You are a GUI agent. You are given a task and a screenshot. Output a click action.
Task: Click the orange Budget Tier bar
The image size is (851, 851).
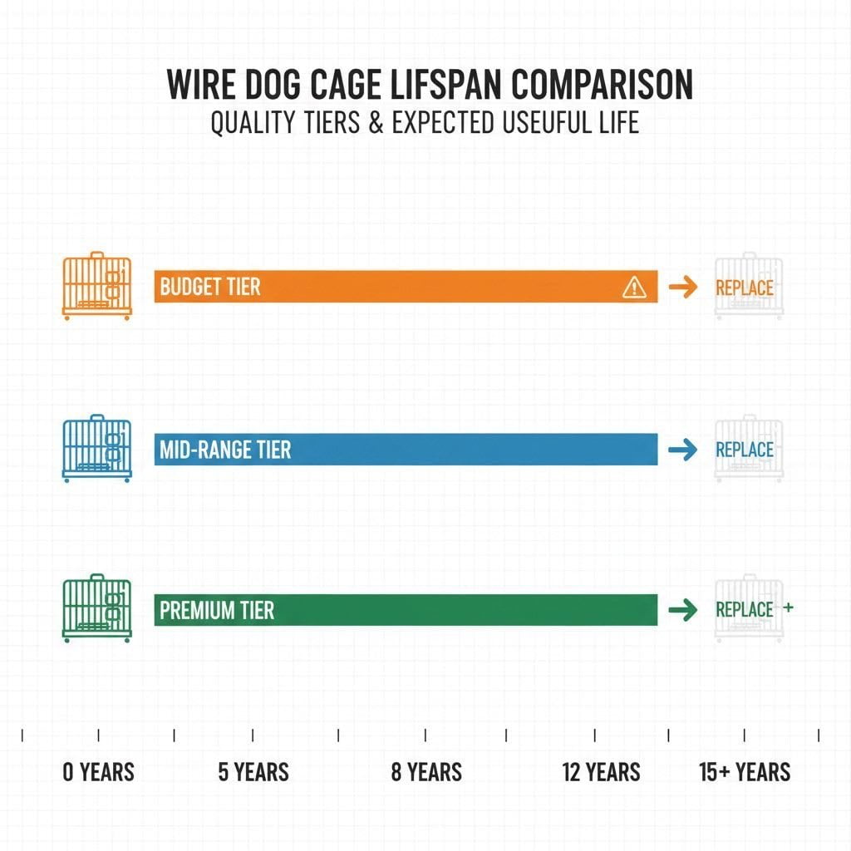(x=406, y=287)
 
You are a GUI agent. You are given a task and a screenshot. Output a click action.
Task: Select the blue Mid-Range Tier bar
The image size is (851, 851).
(x=406, y=450)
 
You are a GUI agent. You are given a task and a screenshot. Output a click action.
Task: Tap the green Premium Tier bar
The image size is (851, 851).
(x=406, y=610)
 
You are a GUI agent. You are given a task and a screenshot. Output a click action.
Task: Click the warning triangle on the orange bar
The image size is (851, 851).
(x=633, y=288)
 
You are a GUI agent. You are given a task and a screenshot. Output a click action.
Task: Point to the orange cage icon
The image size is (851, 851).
(x=96, y=287)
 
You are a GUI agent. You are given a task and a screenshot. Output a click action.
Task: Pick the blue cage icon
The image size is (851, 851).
(x=96, y=449)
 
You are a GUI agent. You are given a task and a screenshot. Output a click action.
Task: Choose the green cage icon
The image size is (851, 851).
(x=96, y=610)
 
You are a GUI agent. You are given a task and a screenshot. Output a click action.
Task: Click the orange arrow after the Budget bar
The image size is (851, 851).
(x=682, y=288)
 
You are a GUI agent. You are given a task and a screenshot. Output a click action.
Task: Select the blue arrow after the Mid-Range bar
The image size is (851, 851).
(x=682, y=450)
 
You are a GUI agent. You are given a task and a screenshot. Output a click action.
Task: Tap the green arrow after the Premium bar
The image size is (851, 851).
(x=682, y=610)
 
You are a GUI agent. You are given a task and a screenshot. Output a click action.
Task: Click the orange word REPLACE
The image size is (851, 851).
(x=744, y=288)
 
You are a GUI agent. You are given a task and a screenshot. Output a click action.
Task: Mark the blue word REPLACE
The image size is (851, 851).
(x=744, y=450)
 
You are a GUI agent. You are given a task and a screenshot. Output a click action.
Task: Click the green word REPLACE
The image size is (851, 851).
(x=744, y=609)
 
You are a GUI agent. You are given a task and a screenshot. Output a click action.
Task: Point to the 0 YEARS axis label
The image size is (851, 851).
(x=98, y=772)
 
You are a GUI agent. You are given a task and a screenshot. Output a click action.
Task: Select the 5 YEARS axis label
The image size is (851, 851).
(x=253, y=772)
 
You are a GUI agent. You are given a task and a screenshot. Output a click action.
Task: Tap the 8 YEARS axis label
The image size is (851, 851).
(x=426, y=772)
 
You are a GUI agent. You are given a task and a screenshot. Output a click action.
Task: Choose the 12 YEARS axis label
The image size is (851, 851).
(x=601, y=772)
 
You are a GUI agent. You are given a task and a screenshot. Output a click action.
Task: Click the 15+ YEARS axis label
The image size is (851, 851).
(x=745, y=772)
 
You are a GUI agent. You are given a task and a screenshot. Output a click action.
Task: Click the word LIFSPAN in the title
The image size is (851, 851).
(x=437, y=86)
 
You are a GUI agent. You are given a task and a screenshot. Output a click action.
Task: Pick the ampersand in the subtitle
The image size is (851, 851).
(x=376, y=123)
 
